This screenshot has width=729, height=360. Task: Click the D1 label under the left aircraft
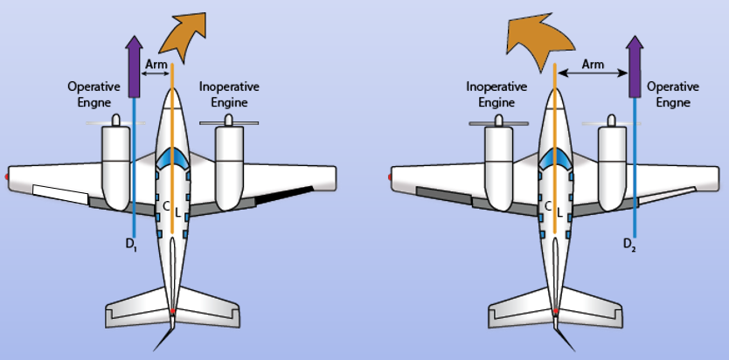pyautogui.click(x=133, y=246)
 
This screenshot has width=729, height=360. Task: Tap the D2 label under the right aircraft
pyautogui.click(x=630, y=244)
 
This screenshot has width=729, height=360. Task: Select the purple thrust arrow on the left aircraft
pyautogui.click(x=135, y=66)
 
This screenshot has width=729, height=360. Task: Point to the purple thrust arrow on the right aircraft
pyautogui.click(x=635, y=66)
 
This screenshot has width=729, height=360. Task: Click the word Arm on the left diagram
pyautogui.click(x=156, y=64)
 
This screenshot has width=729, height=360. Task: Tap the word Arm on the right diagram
pyautogui.click(x=593, y=64)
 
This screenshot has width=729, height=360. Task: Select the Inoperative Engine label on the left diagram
pyautogui.click(x=229, y=93)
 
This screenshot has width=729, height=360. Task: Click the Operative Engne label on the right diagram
pyautogui.click(x=673, y=93)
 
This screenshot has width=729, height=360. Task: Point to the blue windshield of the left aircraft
pyautogui.click(x=172, y=158)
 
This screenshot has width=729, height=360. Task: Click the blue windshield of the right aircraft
pyautogui.click(x=556, y=158)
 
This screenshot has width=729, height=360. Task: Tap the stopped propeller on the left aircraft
pyautogui.click(x=229, y=122)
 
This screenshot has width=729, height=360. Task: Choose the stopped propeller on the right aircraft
pyautogui.click(x=498, y=122)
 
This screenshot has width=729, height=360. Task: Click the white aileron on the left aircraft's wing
pyautogui.click(x=60, y=195)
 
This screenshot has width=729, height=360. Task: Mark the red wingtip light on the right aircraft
pyautogui.click(x=390, y=177)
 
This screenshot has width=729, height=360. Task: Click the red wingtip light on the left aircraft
pyautogui.click(x=6, y=177)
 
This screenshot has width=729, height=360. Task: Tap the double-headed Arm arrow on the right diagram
pyautogui.click(x=593, y=73)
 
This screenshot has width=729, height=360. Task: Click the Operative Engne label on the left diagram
pyautogui.click(x=94, y=93)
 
